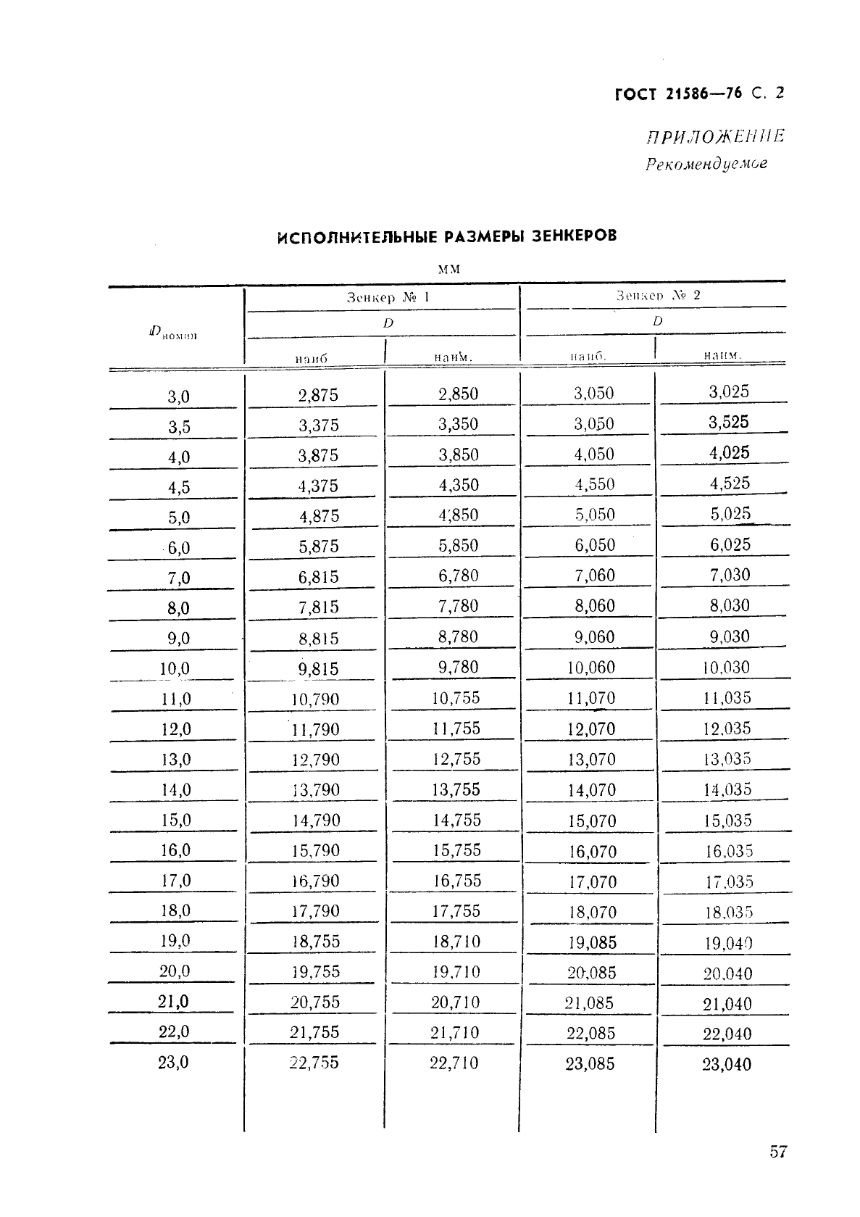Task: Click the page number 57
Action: point(777,1151)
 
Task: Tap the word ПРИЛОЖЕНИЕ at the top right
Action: point(715,136)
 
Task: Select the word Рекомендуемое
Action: point(706,164)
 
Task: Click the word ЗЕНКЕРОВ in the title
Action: point(574,236)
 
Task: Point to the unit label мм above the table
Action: point(449,269)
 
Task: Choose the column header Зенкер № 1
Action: point(388,297)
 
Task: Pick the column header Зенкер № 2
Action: point(658,295)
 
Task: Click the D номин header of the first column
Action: point(173,333)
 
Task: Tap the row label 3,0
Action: point(178,396)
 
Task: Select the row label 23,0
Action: point(173,1062)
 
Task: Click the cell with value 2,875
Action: point(318,395)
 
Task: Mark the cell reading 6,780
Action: point(458,576)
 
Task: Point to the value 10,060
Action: point(590,668)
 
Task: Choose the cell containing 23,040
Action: point(727,1064)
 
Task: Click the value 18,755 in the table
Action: point(315,941)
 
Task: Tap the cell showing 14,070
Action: point(591,790)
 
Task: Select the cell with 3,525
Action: point(728,422)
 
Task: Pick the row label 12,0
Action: point(175,729)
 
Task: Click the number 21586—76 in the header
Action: point(703,94)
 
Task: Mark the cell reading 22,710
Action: point(454,1063)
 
